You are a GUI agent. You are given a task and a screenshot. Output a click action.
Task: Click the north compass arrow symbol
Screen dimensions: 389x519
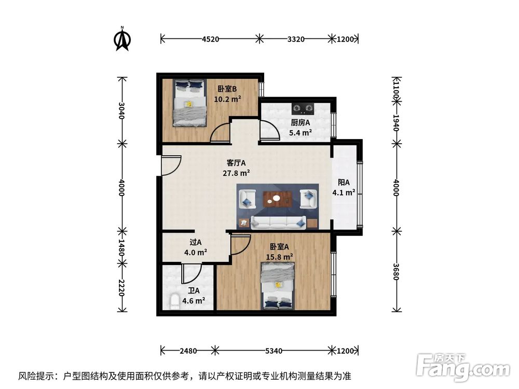click(x=122, y=40)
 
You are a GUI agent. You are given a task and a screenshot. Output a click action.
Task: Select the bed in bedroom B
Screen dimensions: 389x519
click(x=189, y=102)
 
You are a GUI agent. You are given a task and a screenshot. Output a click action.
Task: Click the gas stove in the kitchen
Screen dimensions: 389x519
click(x=303, y=108)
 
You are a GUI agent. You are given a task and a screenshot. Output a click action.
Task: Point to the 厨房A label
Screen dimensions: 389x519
click(x=300, y=123)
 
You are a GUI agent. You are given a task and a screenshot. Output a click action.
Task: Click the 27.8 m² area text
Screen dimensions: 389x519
click(x=236, y=173)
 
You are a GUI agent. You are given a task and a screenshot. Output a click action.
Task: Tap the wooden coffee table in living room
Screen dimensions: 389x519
click(x=278, y=198)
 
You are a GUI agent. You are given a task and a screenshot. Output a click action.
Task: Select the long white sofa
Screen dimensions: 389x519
click(x=277, y=223)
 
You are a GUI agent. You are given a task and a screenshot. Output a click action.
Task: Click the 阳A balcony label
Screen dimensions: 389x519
click(x=344, y=183)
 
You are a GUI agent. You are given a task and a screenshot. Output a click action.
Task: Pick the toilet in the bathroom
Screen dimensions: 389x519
click(x=174, y=301)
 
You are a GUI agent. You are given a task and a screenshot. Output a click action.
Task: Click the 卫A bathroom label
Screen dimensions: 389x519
click(x=193, y=291)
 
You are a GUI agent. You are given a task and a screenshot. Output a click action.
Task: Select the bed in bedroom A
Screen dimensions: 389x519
click(x=278, y=285)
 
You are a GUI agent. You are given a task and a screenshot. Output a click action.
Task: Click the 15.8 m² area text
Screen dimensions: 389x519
click(x=280, y=256)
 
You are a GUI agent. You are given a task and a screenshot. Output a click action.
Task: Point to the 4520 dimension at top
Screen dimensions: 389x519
click(x=210, y=38)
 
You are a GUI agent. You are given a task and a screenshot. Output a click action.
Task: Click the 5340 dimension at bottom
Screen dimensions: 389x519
click(x=273, y=351)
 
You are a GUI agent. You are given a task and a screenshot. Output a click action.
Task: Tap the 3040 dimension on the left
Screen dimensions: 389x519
click(x=121, y=110)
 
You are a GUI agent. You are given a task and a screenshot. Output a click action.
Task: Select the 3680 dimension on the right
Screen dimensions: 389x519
click(x=397, y=271)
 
